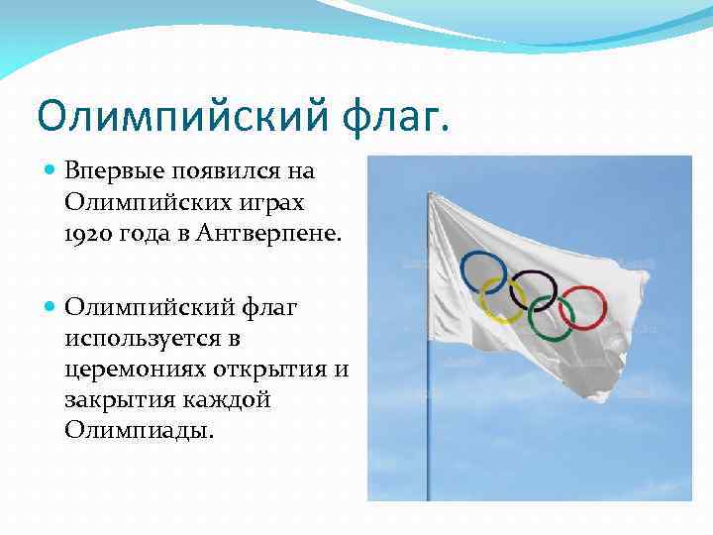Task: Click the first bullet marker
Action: click(x=51, y=170)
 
